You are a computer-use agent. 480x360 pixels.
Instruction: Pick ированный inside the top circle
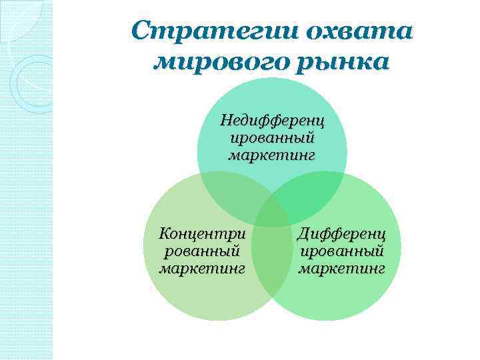272,139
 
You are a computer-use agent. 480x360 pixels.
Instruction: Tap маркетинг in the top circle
272,156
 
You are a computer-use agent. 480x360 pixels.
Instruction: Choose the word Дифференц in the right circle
341,235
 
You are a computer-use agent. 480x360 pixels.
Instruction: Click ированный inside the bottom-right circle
341,252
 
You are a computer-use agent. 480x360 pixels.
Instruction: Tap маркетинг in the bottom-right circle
341,269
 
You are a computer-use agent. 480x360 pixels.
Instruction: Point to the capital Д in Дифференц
304,235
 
